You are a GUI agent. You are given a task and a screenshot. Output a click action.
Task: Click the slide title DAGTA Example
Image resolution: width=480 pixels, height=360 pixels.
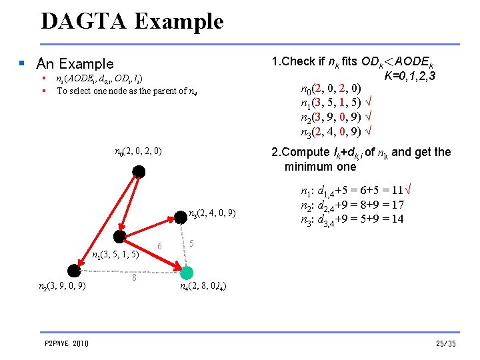(x=132, y=21)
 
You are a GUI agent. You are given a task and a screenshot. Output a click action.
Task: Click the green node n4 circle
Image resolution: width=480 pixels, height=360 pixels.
(x=187, y=272)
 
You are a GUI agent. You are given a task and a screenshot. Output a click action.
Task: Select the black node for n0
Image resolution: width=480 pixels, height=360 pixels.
(x=139, y=172)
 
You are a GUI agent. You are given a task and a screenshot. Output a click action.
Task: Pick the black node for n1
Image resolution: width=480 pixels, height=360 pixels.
(x=120, y=237)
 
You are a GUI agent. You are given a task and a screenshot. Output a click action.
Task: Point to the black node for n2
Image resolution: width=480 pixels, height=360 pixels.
(x=74, y=270)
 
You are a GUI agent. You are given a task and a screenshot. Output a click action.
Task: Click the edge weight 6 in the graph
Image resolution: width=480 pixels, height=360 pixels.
(x=159, y=246)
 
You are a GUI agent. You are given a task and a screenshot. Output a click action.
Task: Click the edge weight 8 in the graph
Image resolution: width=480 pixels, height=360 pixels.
(x=134, y=277)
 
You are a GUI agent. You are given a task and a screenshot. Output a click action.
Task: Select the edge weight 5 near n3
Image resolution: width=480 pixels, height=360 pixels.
(x=192, y=243)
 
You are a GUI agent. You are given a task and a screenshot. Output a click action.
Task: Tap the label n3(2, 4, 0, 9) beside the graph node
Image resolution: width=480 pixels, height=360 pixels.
(x=213, y=214)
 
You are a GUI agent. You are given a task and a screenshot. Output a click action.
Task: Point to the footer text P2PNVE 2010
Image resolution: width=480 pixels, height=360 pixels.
(x=67, y=343)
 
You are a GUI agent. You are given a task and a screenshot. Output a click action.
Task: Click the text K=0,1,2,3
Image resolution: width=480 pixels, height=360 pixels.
(x=410, y=76)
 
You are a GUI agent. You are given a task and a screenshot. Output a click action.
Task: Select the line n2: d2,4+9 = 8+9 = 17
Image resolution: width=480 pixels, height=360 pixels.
(x=353, y=205)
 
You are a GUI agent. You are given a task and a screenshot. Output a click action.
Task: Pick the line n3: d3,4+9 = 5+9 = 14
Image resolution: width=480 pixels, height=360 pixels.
(x=353, y=219)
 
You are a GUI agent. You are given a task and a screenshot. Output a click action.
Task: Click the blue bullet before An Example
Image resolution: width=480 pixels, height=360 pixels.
(x=22, y=64)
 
